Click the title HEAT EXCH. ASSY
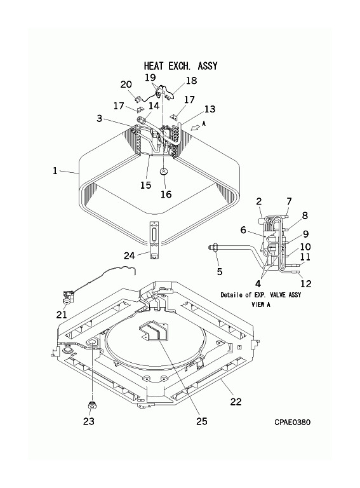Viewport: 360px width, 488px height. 180,66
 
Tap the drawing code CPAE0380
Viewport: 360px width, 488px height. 292,422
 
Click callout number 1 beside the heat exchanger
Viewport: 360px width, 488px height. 55,171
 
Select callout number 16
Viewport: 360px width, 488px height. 166,194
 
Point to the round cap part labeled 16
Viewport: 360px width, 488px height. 164,172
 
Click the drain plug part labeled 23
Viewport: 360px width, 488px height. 91,405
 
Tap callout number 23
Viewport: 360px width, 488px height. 89,421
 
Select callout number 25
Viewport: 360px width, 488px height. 202,421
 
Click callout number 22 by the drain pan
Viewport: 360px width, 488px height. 236,402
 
